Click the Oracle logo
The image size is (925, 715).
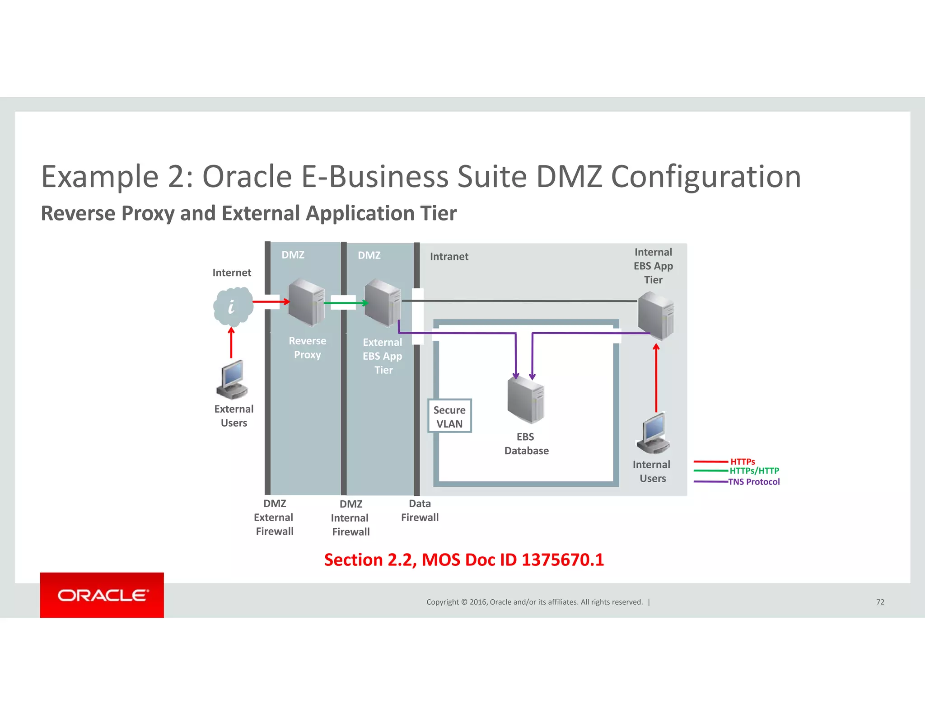click(102, 595)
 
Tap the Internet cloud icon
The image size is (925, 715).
click(233, 306)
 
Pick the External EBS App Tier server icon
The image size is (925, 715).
click(383, 303)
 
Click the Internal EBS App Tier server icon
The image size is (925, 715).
click(656, 315)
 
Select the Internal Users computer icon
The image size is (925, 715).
click(654, 433)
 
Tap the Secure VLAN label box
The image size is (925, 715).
click(449, 416)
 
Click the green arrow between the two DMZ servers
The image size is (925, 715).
click(346, 303)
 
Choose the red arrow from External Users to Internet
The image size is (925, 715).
click(231, 343)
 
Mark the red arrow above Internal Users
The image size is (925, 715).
click(656, 377)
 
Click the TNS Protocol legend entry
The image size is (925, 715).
click(753, 482)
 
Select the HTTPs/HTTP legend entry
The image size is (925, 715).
click(754, 470)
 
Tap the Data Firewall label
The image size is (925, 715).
click(420, 510)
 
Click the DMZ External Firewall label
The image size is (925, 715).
click(274, 517)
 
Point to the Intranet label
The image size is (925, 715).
click(449, 257)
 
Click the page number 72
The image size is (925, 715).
click(880, 602)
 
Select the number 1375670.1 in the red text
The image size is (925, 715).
click(562, 560)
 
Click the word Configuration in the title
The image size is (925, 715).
click(705, 176)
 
